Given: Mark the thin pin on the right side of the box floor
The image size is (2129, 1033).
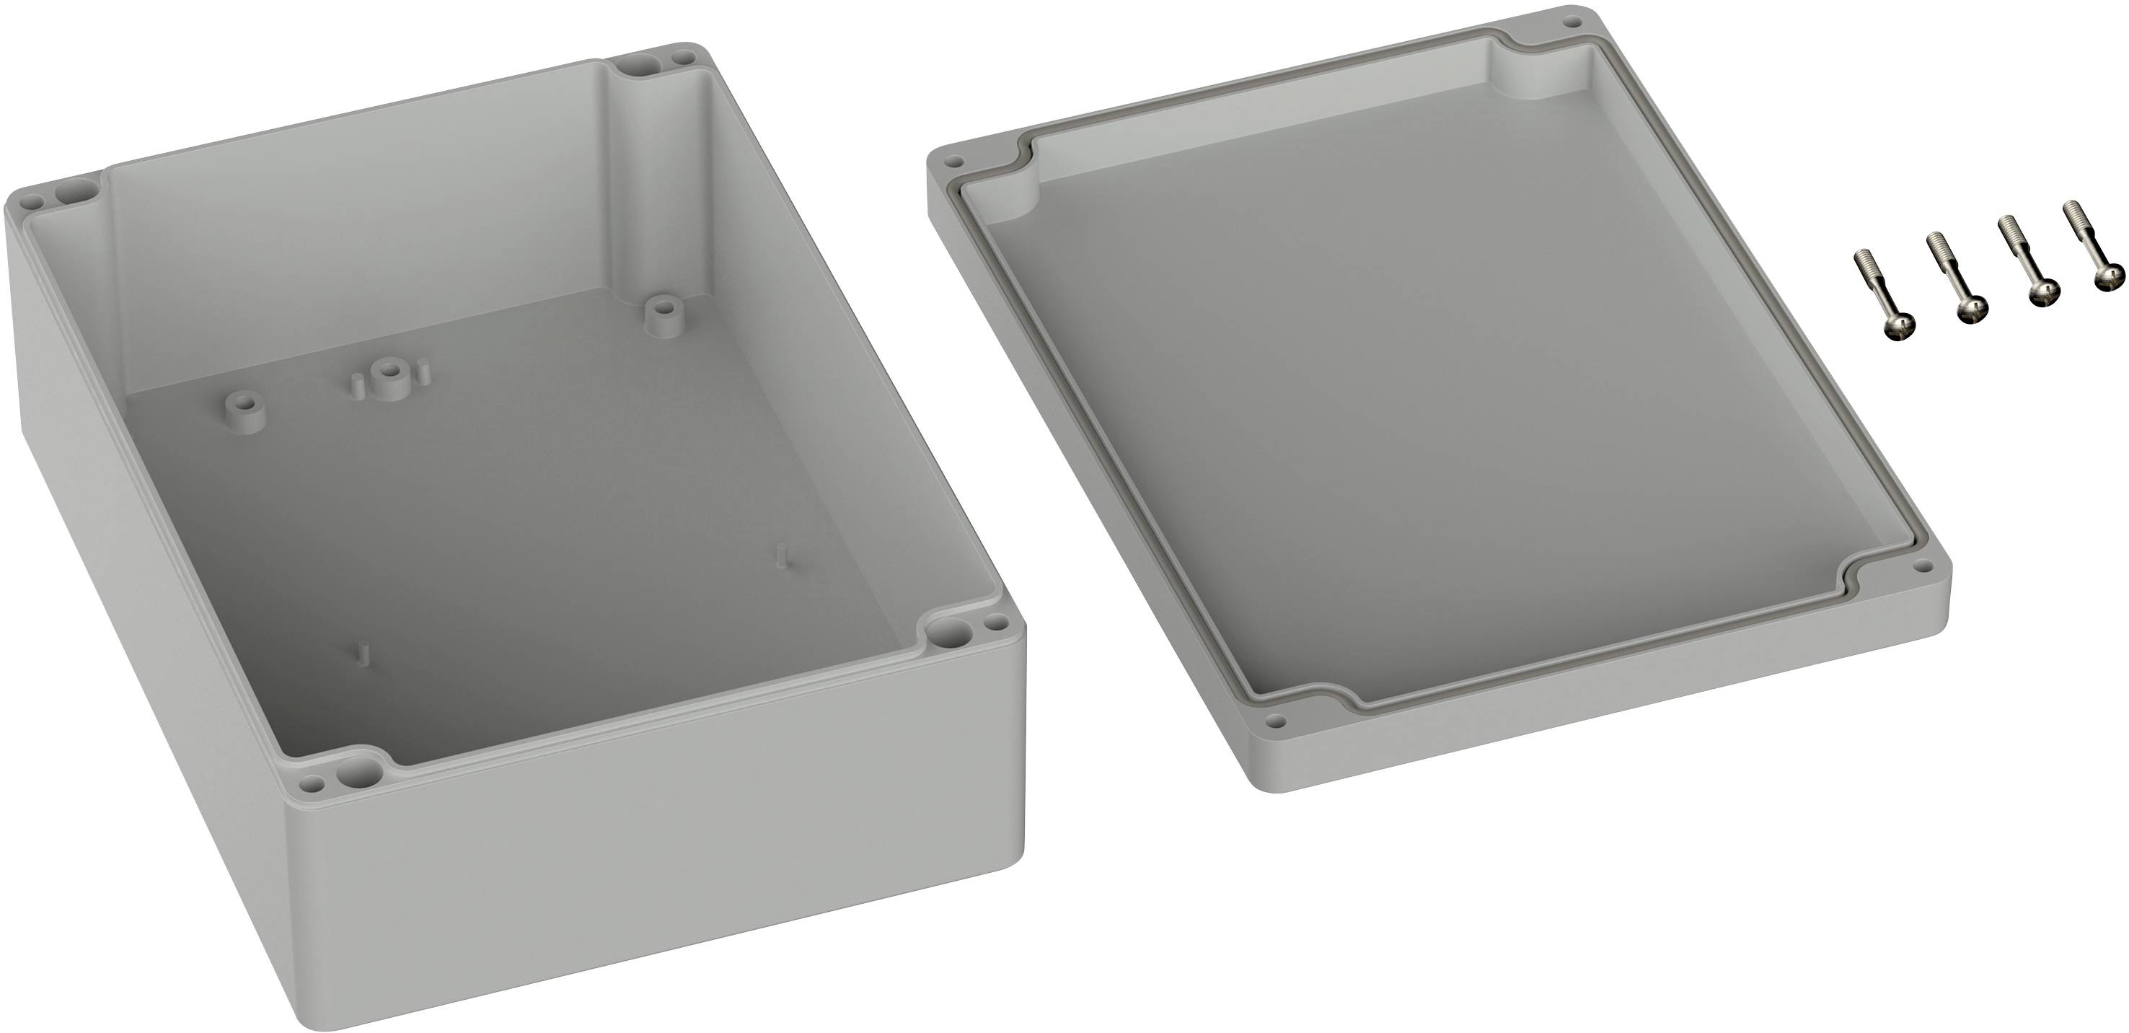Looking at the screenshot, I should [781, 555].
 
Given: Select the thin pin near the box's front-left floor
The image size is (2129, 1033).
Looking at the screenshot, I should [361, 654].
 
